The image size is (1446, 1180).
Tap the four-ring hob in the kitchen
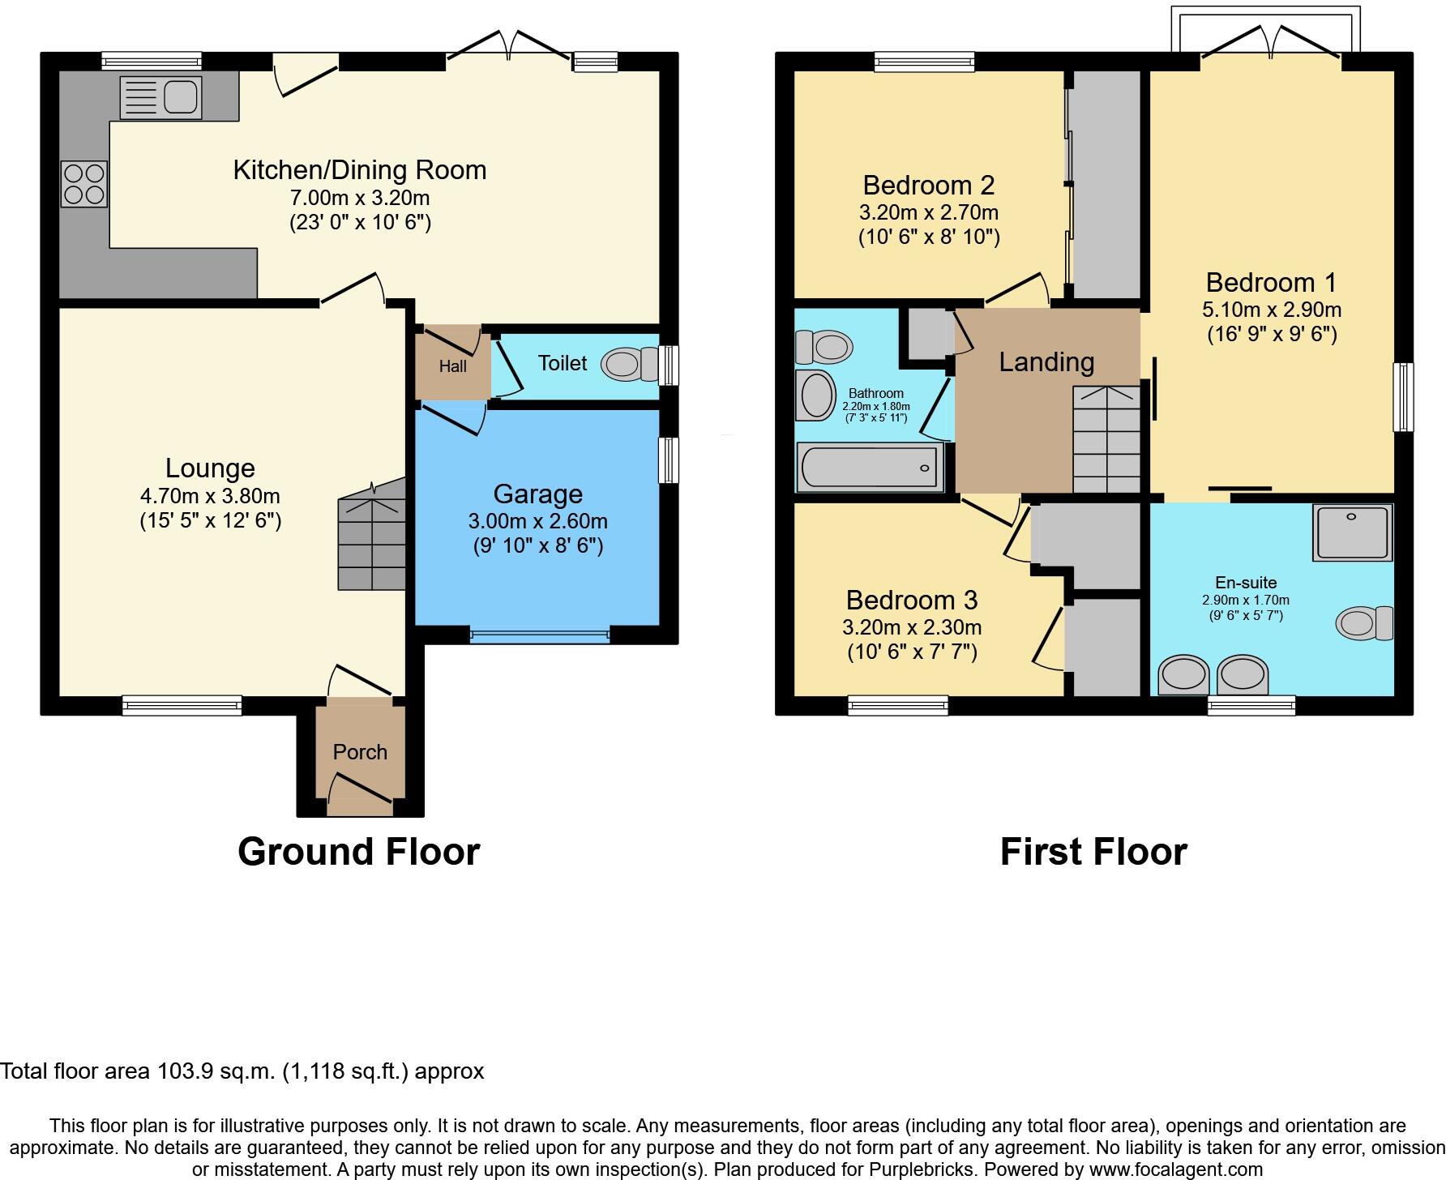(x=83, y=184)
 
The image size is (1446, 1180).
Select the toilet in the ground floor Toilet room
(x=631, y=365)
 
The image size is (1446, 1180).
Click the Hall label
(x=452, y=366)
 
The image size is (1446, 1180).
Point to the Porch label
(x=360, y=752)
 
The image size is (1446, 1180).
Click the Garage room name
(x=537, y=494)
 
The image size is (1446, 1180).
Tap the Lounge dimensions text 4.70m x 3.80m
(x=210, y=495)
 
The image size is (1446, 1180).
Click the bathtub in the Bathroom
(x=870, y=468)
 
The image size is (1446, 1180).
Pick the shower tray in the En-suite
(x=1352, y=532)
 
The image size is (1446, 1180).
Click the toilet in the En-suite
(x=1364, y=623)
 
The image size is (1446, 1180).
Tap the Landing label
(x=1046, y=361)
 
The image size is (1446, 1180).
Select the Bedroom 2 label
(x=928, y=185)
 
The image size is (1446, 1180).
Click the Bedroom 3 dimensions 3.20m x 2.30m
(x=912, y=627)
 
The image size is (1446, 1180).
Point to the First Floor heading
(x=1093, y=852)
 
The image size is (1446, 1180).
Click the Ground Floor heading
(x=358, y=852)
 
